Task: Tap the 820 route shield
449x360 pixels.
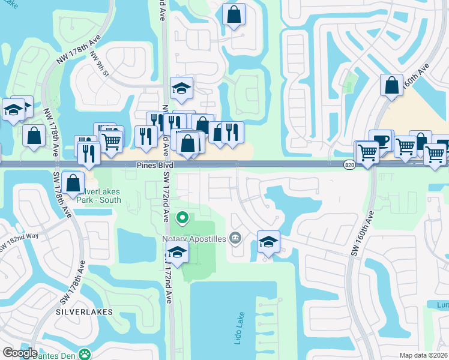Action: pyautogui.click(x=350, y=164)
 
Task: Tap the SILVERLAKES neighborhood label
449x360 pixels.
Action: pyautogui.click(x=84, y=313)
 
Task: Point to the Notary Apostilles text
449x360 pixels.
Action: pyautogui.click(x=194, y=239)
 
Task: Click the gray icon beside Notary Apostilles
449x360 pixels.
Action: pyautogui.click(x=235, y=239)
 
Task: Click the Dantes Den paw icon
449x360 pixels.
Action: pyautogui.click(x=86, y=354)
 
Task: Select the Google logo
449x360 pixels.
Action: pyautogui.click(x=20, y=353)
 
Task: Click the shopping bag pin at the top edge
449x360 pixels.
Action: pyautogui.click(x=234, y=15)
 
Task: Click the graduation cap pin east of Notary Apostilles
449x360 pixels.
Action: pyautogui.click(x=268, y=242)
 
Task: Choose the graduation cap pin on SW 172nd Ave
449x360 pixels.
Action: pyautogui.click(x=178, y=253)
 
